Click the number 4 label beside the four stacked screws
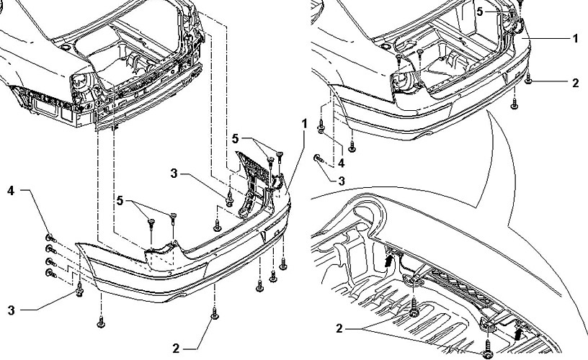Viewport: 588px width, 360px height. coord(11,191)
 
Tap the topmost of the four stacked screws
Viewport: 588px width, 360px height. coord(50,238)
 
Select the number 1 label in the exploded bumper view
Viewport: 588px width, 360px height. coord(305,124)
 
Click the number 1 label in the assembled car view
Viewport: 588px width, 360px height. coord(576,39)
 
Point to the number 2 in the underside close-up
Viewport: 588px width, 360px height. coord(339,329)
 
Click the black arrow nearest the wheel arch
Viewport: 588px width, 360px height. coord(391,260)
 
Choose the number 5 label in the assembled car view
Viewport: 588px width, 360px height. coord(480,12)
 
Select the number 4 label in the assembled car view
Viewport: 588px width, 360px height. coord(342,163)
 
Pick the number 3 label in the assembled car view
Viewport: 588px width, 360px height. coord(342,181)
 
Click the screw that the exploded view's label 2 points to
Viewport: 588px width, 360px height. coord(215,313)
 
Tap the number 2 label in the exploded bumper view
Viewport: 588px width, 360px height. coord(176,348)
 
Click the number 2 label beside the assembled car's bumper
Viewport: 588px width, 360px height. coord(576,83)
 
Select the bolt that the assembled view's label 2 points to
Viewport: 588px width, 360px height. coord(528,79)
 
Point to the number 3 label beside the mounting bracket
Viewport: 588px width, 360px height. coord(174,174)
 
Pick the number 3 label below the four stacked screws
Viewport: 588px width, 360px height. coord(12,310)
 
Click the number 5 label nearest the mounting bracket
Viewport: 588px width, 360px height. coord(235,139)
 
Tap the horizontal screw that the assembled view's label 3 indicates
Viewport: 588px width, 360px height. coord(318,158)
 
